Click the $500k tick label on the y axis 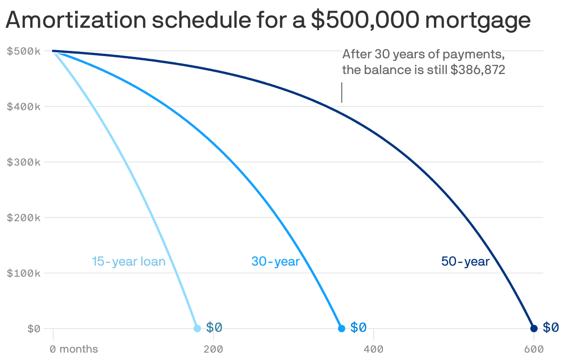pyautogui.click(x=24, y=51)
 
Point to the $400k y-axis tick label pyautogui.click(x=24, y=106)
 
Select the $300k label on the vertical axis pyautogui.click(x=24, y=162)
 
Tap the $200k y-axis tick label pyautogui.click(x=24, y=217)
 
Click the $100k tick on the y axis pyautogui.click(x=24, y=273)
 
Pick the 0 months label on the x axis pyautogui.click(x=74, y=348)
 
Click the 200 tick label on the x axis pyautogui.click(x=213, y=348)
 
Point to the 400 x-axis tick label pyautogui.click(x=373, y=348)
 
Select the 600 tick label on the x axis pyautogui.click(x=534, y=348)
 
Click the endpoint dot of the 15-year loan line pyautogui.click(x=197, y=329)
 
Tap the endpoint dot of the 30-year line pyautogui.click(x=341, y=329)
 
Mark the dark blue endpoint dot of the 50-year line pyautogui.click(x=534, y=329)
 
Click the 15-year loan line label pyautogui.click(x=128, y=261)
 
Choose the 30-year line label pyautogui.click(x=276, y=261)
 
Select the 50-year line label pyautogui.click(x=465, y=261)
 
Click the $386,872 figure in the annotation pyautogui.click(x=477, y=70)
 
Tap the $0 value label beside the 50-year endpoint pyautogui.click(x=551, y=328)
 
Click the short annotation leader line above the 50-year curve pyautogui.click(x=342, y=93)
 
